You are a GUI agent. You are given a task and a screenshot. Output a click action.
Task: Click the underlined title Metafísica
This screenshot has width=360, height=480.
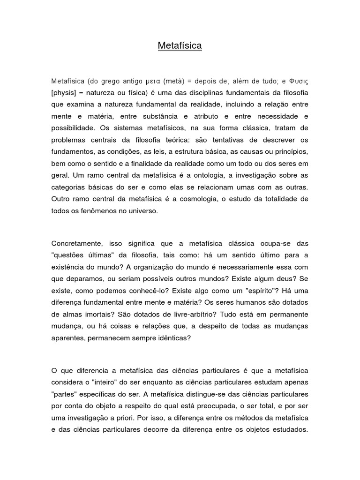180,46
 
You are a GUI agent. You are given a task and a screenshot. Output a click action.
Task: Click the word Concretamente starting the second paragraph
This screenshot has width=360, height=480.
77,244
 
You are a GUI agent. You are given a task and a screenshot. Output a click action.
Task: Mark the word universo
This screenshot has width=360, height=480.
143,211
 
